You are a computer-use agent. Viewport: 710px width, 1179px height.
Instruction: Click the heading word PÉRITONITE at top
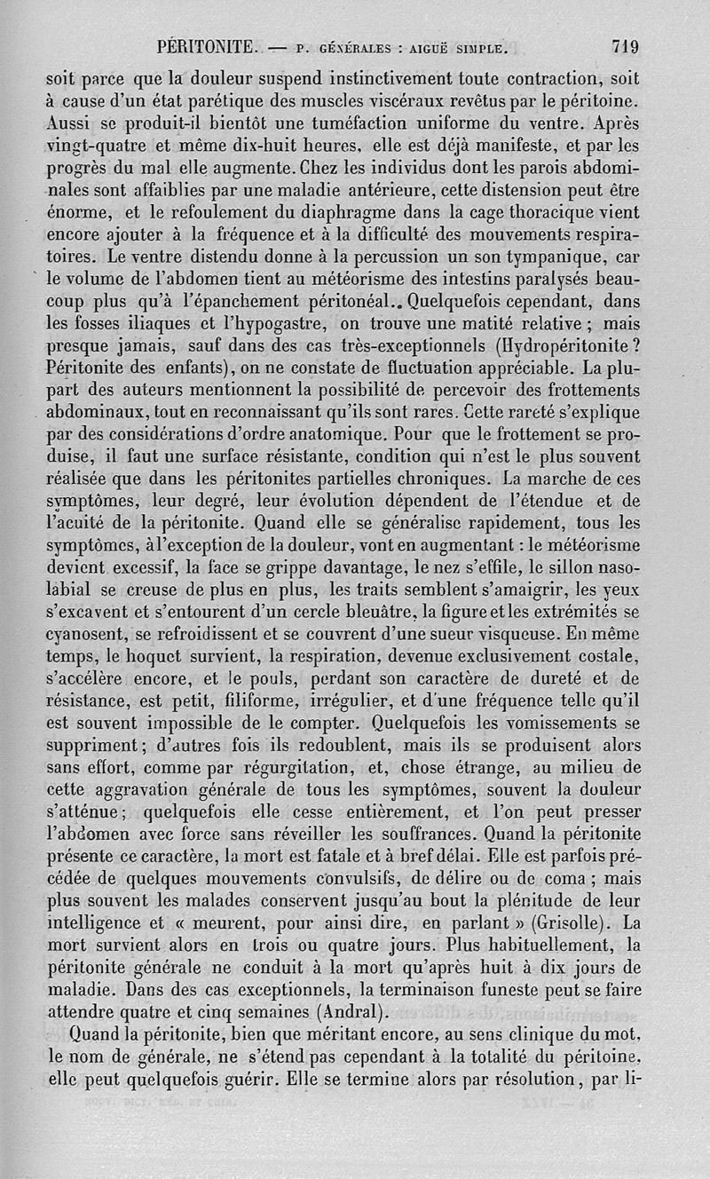[x=207, y=46]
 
